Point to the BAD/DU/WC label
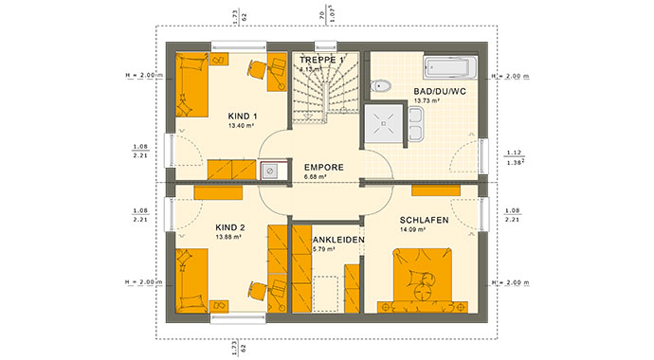pyautogui.click(x=439, y=92)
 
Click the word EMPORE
pyautogui.click(x=325, y=167)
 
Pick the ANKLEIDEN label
pyautogui.click(x=338, y=240)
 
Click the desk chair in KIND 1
pyautogui.click(x=255, y=68)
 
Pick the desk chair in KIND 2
pyautogui.click(x=255, y=288)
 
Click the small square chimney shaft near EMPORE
pyautogui.click(x=271, y=171)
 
